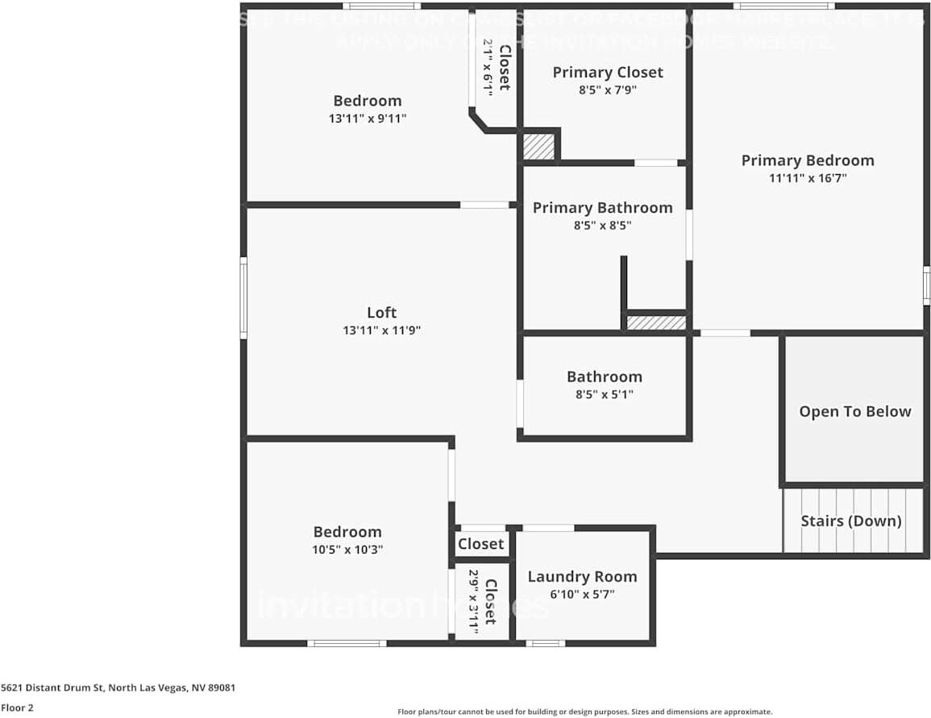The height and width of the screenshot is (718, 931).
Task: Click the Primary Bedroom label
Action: (x=807, y=160)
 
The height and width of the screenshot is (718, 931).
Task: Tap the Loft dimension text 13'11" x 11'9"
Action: (x=381, y=330)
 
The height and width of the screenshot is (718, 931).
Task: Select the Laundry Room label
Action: (x=582, y=576)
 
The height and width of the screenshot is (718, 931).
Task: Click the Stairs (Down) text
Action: (x=850, y=521)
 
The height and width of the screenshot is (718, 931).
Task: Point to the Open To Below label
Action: (x=854, y=411)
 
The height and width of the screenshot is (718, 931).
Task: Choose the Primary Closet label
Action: (x=608, y=73)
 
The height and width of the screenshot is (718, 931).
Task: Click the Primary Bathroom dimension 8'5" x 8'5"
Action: (x=602, y=226)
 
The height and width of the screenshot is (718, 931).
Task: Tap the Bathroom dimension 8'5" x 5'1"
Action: (x=604, y=395)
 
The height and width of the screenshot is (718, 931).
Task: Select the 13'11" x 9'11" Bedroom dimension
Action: (x=367, y=118)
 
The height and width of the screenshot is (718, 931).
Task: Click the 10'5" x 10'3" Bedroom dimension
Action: (x=347, y=550)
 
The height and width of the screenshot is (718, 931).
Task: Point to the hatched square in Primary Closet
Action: (x=538, y=147)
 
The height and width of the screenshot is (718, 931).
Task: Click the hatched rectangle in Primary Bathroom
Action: (x=656, y=322)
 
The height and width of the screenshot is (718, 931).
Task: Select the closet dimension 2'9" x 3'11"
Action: (x=474, y=603)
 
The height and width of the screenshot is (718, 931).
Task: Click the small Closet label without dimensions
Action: (x=480, y=544)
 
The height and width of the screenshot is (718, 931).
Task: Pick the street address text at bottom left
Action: (x=118, y=688)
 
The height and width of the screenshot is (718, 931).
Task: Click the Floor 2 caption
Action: (x=17, y=708)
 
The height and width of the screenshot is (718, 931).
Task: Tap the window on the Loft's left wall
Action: (x=243, y=297)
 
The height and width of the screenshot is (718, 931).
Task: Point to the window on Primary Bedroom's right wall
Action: (x=926, y=285)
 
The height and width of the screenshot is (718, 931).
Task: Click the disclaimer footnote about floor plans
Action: (x=584, y=712)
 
